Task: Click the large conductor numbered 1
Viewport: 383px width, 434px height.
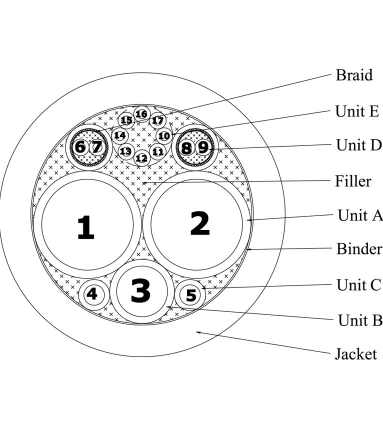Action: [x=86, y=226]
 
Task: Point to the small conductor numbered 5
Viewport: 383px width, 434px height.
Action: [x=191, y=295]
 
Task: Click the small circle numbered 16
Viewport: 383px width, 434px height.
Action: [x=141, y=114]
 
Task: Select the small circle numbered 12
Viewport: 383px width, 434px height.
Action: [x=141, y=158]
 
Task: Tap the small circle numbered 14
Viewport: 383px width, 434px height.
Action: [x=120, y=135]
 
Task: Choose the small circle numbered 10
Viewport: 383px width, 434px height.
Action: [x=163, y=135]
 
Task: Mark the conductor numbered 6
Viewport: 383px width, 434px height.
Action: [x=80, y=147]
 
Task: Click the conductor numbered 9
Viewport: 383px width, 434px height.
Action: [x=203, y=147]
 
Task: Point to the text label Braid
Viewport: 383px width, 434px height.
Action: [x=354, y=75]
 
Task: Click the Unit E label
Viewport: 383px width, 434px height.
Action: [x=357, y=111]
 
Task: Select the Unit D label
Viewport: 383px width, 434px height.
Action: [x=358, y=145]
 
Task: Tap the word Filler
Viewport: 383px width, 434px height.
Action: [x=353, y=180]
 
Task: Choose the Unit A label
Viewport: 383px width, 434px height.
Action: [x=359, y=215]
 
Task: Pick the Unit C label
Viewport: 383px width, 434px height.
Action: [x=358, y=284]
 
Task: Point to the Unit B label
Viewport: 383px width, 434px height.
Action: [x=359, y=320]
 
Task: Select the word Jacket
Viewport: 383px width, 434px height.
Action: [x=355, y=354]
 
